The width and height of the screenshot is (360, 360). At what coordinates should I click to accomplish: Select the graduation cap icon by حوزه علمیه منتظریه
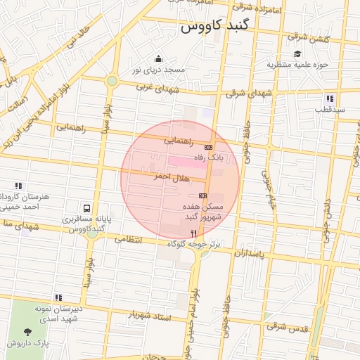297,54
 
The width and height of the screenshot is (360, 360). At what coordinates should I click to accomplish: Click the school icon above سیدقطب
329,98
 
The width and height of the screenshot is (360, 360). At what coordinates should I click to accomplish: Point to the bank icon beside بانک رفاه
208,147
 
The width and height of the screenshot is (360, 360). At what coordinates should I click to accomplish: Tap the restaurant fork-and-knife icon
193,233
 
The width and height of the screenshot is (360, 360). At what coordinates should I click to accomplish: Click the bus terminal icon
86,209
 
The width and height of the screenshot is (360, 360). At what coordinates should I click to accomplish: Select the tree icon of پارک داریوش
27,332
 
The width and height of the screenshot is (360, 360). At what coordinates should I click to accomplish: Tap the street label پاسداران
250,252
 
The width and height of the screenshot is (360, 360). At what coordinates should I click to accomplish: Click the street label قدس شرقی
286,326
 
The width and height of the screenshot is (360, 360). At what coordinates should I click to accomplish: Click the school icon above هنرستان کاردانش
19,186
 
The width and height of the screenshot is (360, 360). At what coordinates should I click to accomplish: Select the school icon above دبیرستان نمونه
58,297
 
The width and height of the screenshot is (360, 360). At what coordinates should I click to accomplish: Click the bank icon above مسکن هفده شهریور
203,195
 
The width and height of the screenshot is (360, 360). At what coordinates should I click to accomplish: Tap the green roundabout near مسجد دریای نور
112,82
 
